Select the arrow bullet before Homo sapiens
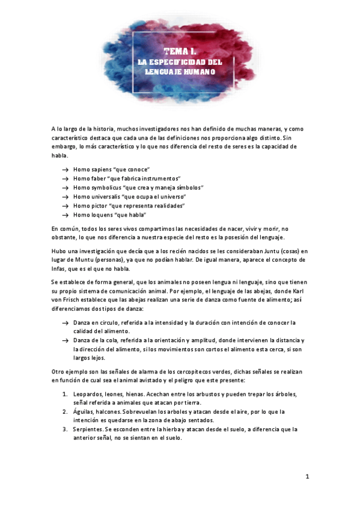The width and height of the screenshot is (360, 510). click(64, 170)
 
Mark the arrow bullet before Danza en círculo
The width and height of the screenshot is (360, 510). click(64, 323)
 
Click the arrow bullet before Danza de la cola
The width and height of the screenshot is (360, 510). click(64, 340)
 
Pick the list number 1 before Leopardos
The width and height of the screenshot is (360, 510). click(65, 394)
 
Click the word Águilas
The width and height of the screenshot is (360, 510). click(85, 411)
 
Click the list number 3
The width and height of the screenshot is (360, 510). click(65, 429)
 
